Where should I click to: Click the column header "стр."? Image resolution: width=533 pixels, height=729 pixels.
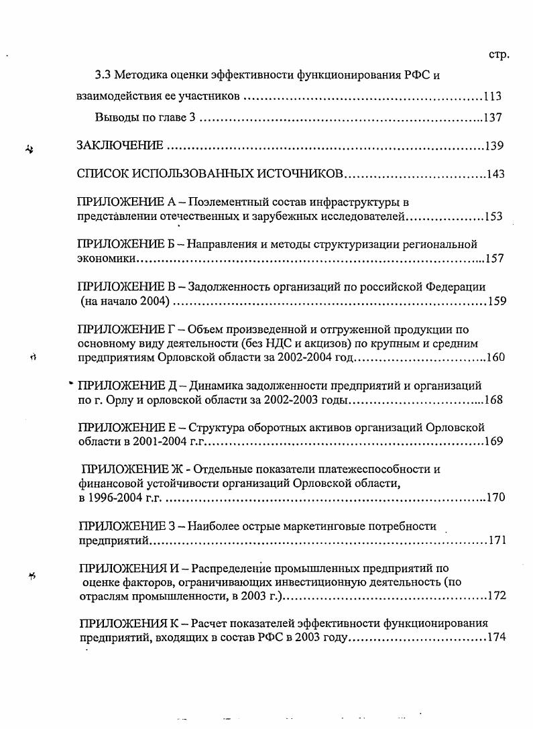click(x=500, y=54)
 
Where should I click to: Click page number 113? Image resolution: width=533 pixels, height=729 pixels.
click(x=492, y=96)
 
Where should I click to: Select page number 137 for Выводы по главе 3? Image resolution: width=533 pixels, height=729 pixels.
click(x=493, y=118)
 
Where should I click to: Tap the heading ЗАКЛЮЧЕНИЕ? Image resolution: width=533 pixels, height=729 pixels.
click(x=120, y=146)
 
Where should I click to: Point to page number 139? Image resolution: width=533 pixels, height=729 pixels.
click(x=495, y=146)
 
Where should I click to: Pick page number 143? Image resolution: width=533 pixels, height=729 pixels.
click(x=495, y=174)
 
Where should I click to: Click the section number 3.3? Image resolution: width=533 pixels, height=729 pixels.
click(x=101, y=75)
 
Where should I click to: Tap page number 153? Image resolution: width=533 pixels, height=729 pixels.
click(x=494, y=217)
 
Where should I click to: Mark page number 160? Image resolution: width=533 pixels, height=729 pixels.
click(x=496, y=357)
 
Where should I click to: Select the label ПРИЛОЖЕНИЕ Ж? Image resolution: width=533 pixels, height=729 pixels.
click(x=127, y=469)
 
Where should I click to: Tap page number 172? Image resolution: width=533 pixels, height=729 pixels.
click(x=497, y=596)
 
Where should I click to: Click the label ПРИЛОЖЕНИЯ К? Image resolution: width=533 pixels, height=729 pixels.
click(x=127, y=623)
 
